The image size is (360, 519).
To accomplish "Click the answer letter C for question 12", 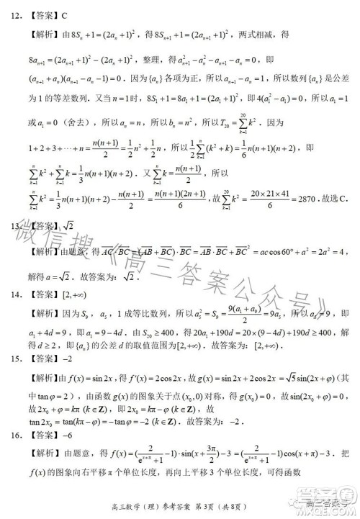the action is (63, 12).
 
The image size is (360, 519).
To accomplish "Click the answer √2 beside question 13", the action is (68, 227).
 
